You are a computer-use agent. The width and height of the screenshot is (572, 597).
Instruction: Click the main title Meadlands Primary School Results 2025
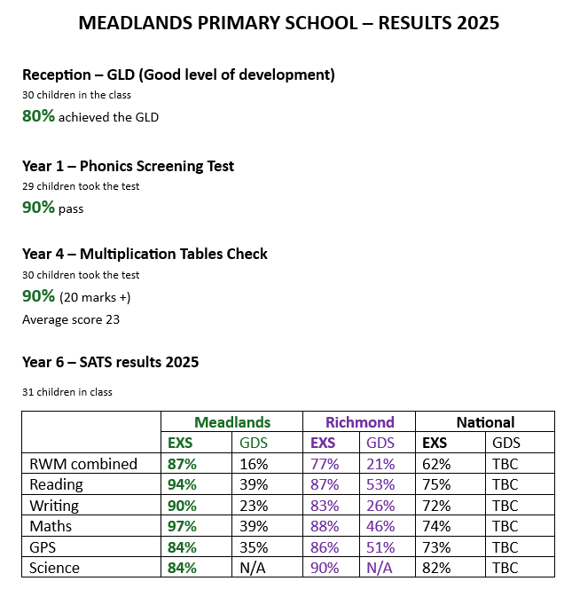(x=288, y=23)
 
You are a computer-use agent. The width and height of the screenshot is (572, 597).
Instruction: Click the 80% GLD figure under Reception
(x=38, y=115)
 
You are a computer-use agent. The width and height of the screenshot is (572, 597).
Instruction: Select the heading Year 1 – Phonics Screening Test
(x=128, y=166)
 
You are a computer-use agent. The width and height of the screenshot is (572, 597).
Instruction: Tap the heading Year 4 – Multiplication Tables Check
(x=145, y=254)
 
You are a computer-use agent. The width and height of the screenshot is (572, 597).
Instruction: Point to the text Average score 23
(x=71, y=319)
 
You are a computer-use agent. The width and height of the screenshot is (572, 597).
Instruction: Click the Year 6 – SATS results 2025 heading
(x=110, y=362)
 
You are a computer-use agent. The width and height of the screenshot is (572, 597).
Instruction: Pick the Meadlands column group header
(x=232, y=422)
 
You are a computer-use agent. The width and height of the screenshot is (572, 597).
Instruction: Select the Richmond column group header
(x=359, y=422)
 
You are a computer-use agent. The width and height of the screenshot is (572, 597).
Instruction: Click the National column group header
(x=485, y=422)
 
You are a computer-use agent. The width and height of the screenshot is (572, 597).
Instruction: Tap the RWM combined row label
(x=83, y=464)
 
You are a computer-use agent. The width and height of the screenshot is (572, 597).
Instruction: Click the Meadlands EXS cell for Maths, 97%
(x=182, y=526)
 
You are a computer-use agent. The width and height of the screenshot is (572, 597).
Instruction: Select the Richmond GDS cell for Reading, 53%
(x=380, y=484)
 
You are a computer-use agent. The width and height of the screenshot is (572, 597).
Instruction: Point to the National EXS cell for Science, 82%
(x=436, y=568)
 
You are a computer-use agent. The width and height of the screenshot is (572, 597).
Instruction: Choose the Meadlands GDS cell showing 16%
(x=254, y=464)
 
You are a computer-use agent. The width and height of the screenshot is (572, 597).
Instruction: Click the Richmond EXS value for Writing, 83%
(x=325, y=506)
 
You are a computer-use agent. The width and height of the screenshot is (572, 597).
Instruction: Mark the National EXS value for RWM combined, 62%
(x=436, y=464)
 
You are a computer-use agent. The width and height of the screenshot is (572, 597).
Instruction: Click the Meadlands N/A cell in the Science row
(x=254, y=568)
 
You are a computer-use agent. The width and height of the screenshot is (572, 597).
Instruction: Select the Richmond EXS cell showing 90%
(x=325, y=568)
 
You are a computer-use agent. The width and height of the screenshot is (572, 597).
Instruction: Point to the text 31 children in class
(x=67, y=392)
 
